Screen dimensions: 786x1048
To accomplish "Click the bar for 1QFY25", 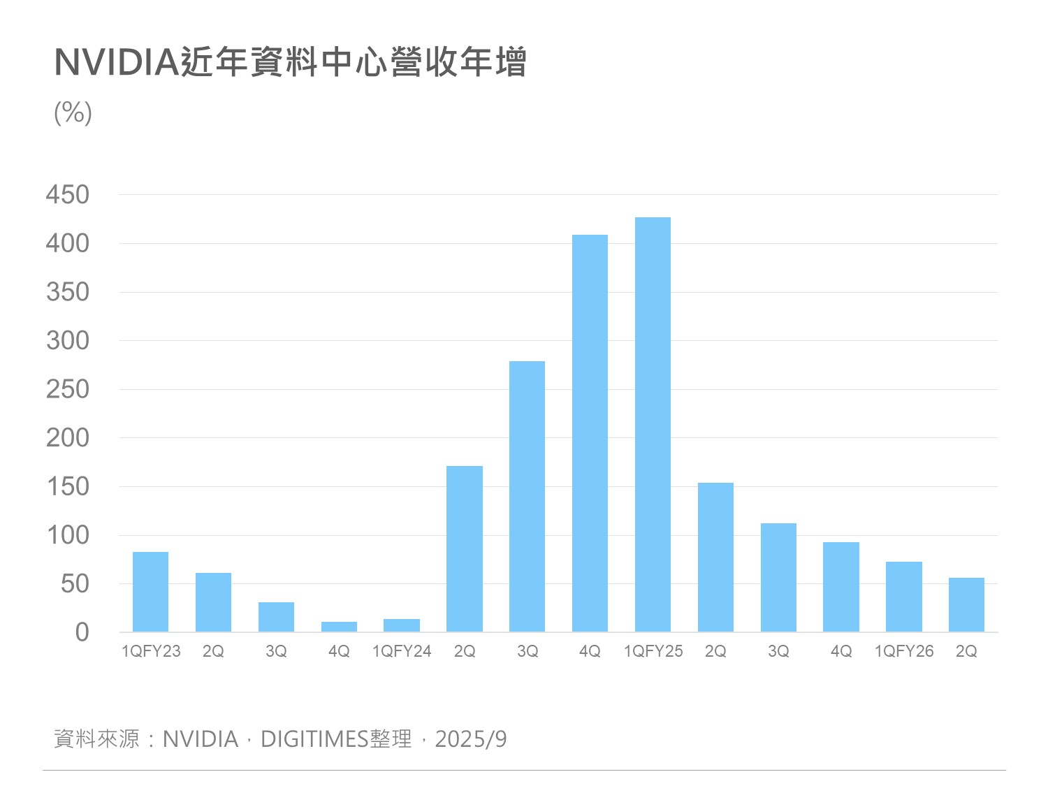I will click(x=653, y=425).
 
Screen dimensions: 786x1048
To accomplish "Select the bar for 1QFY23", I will click(x=150, y=592).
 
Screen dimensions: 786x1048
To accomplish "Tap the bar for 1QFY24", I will click(x=402, y=625).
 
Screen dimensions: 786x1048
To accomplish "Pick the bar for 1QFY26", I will click(x=903, y=597).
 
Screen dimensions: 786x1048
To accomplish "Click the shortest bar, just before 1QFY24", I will click(x=339, y=627).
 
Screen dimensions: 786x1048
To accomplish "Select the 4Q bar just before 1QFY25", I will click(x=590, y=433).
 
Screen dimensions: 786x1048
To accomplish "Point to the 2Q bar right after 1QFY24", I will click(x=465, y=549).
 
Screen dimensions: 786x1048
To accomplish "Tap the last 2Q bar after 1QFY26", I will click(x=966, y=605).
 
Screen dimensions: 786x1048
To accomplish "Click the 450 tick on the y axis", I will click(x=68, y=195).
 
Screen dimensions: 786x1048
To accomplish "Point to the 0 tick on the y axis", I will click(x=82, y=632).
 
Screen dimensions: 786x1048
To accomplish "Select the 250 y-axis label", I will click(x=68, y=389).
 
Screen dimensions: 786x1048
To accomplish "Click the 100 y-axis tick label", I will click(x=68, y=535).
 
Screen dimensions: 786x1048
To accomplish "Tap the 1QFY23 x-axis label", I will click(x=151, y=651).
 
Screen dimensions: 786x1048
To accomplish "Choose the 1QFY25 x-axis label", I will click(x=653, y=651).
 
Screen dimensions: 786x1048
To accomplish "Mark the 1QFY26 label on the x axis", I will click(x=904, y=651).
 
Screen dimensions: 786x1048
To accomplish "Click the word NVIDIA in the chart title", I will click(x=117, y=62).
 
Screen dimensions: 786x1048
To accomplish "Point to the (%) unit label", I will click(x=73, y=112).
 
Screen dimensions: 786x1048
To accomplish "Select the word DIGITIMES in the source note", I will click(x=314, y=738).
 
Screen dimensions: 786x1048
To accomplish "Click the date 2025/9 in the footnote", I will click(x=471, y=738).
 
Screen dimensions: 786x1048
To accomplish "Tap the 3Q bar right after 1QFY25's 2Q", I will click(x=778, y=578).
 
